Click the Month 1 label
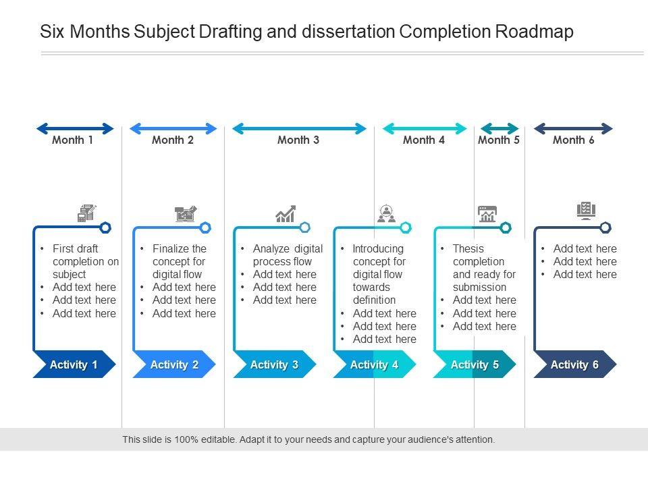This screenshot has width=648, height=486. pos(73,140)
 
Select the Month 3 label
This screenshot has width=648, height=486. pos(298,140)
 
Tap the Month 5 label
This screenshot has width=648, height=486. pos(499,140)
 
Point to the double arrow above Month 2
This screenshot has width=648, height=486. pos(173,128)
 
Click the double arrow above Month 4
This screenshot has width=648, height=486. pos(425,128)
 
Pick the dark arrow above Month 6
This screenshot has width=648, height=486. pos(573,128)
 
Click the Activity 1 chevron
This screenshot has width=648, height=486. pos(74,364)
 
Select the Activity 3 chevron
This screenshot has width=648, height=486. pos(274,364)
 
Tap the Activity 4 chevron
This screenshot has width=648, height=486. pos(374,364)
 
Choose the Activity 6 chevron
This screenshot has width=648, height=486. pos(574,364)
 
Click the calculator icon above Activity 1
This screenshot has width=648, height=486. pos(86,213)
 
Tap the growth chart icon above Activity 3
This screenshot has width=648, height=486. pos(286,214)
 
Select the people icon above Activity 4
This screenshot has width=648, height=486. pos(386,214)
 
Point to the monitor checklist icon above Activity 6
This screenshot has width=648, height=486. pos(586,211)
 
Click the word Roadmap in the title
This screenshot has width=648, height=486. pos(534,32)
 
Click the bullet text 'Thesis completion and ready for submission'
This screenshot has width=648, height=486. pos(483,268)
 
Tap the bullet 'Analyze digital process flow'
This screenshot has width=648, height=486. pos(288,255)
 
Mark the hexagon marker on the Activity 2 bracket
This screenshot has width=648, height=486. pos(205,227)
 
